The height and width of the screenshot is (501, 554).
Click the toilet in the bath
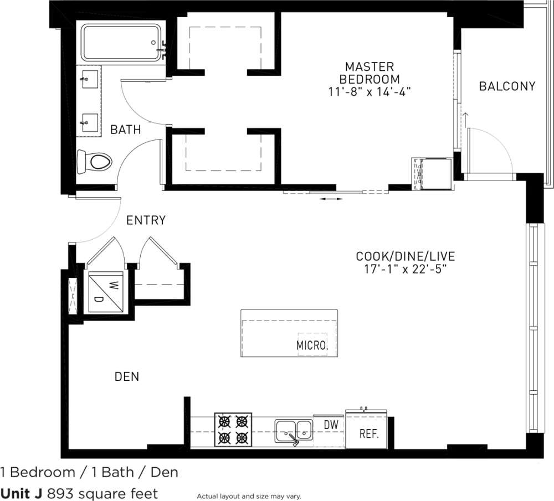pos(95,161)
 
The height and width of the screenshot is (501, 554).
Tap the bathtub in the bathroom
pos(121,42)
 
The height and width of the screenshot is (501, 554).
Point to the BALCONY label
pos(507,86)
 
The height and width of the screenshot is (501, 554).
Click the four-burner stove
pos(233,430)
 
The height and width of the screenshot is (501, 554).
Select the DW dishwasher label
pos(331,425)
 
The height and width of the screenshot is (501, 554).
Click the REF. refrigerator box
pos(369,433)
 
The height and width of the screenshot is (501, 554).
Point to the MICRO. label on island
pos(312,346)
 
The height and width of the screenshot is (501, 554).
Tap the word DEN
pos(126,377)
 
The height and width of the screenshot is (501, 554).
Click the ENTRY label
pos(146,220)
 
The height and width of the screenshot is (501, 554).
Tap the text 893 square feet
pos(102,493)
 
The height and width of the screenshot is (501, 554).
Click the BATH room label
pos(125,130)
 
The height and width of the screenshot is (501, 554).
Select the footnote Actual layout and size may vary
pos(248,496)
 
